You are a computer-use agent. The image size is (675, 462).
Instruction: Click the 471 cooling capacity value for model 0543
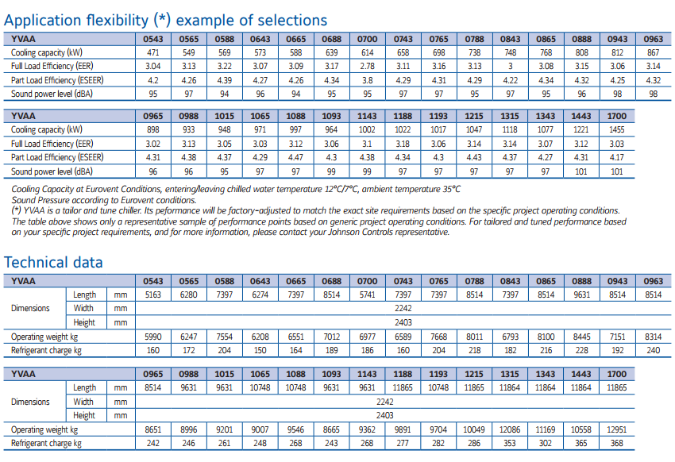(x=152, y=52)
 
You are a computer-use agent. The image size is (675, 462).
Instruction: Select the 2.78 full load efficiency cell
(x=367, y=66)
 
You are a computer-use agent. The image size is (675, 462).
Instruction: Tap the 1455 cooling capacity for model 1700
(x=616, y=130)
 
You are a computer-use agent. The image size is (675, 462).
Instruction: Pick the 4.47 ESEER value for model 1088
(x=295, y=157)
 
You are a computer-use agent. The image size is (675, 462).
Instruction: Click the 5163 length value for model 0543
(x=152, y=295)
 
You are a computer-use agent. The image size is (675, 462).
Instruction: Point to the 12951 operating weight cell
(x=616, y=429)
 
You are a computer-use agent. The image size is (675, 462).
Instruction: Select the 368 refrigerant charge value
(x=616, y=444)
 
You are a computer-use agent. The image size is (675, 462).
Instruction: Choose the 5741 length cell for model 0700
(x=367, y=295)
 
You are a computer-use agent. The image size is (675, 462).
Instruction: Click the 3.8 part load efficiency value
(x=367, y=80)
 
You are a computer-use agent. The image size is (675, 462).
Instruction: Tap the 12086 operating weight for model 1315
(x=510, y=429)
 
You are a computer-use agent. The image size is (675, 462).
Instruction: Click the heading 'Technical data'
(x=53, y=263)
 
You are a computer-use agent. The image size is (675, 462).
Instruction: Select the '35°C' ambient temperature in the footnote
(x=451, y=189)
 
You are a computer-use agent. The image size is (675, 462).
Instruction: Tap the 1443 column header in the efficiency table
(x=581, y=116)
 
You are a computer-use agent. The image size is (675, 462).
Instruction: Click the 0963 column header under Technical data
(x=653, y=281)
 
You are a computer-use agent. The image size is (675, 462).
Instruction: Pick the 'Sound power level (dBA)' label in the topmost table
(x=52, y=94)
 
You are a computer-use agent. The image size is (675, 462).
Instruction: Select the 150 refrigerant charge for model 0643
(x=260, y=351)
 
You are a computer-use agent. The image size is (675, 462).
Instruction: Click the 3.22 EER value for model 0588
(x=224, y=66)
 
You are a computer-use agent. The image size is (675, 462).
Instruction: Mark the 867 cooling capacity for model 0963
(x=653, y=52)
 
